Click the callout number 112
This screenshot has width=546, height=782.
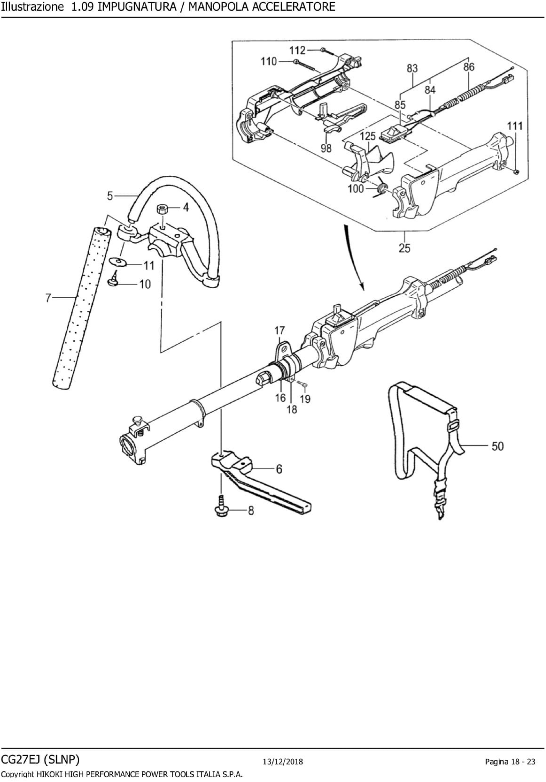[x=297, y=50]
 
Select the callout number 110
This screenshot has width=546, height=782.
[x=268, y=62]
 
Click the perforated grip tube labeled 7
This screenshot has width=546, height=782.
[x=81, y=307]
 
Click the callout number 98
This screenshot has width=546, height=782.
[x=326, y=148]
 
